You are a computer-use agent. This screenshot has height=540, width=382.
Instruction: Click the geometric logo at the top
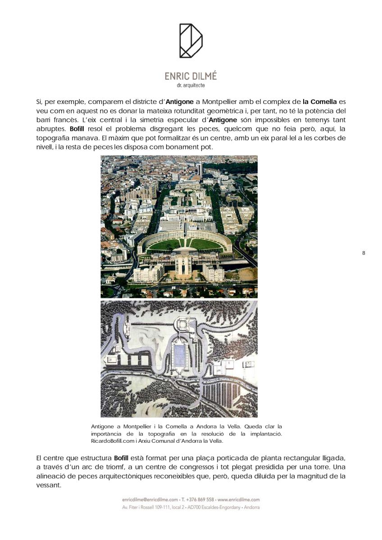click(191, 41)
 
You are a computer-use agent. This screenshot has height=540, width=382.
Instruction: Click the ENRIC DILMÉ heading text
click(191, 76)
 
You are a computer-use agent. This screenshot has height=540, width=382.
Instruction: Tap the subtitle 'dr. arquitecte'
click(191, 85)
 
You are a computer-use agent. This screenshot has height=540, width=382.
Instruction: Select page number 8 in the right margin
click(364, 253)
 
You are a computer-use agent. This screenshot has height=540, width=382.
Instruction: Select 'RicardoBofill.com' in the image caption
click(112, 441)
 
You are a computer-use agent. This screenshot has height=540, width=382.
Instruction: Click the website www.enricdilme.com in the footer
click(239, 499)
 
